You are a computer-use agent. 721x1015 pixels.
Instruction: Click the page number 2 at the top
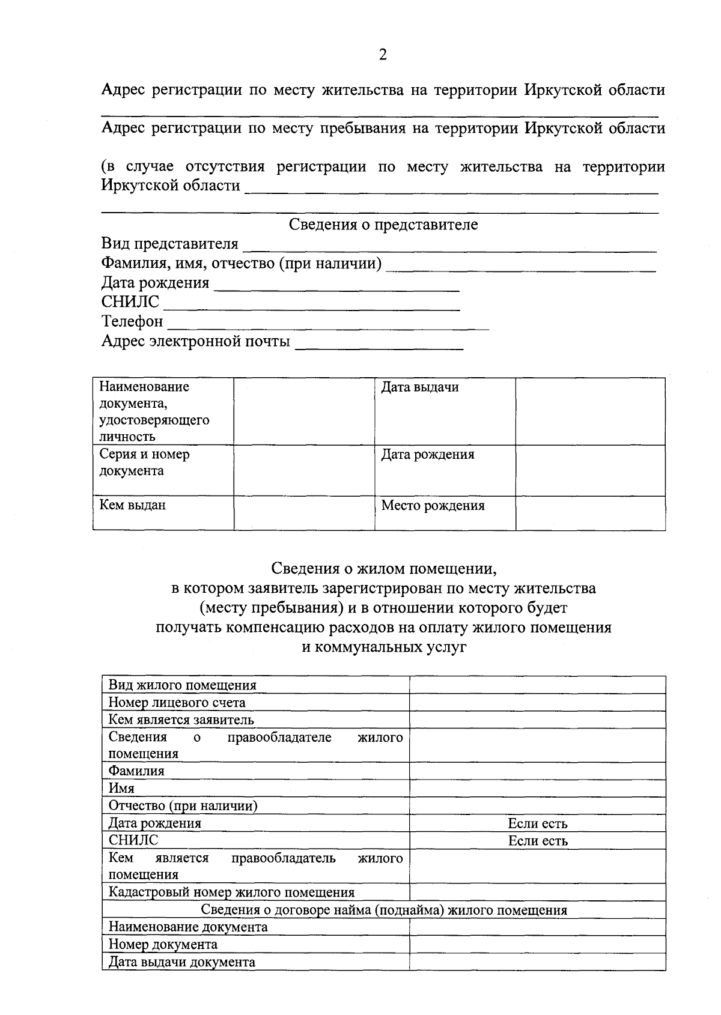tap(383, 55)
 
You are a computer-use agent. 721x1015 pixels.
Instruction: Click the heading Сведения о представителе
tap(383, 225)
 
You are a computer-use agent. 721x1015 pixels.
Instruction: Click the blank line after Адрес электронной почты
tap(379, 344)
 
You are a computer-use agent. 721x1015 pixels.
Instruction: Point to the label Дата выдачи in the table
tap(420, 387)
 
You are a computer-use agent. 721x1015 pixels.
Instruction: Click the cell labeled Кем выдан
tap(133, 505)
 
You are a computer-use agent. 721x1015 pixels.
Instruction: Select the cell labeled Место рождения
tap(433, 506)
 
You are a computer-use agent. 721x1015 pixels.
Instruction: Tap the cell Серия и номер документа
tap(145, 462)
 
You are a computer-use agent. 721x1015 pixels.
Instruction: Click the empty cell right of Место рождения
tap(590, 513)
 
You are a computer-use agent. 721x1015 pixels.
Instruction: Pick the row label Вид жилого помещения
tap(182, 685)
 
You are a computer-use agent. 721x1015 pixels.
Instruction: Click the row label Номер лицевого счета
tap(177, 703)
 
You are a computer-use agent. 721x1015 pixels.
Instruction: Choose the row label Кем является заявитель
tap(181, 720)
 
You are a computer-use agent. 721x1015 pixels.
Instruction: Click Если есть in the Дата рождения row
tap(538, 823)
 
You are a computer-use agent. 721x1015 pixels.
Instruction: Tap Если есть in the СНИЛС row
tap(538, 841)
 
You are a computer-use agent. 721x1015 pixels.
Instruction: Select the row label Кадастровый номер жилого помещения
tap(231, 892)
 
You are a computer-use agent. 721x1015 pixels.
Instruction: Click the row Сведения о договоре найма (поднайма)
tap(383, 910)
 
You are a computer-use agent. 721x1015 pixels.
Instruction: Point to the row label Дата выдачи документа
tap(181, 962)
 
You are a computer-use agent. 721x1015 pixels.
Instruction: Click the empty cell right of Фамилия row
tap(537, 771)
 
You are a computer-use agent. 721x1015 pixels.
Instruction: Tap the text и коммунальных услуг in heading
tap(383, 647)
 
